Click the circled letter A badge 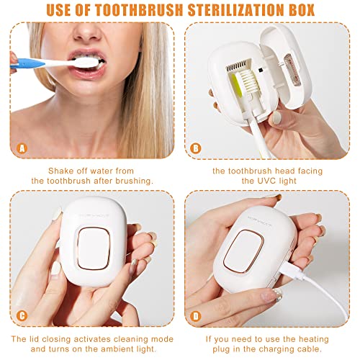pos(22,148)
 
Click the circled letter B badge pos(196,148)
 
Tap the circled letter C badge pos(22,316)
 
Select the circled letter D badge pos(196,316)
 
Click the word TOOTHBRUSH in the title pos(140,10)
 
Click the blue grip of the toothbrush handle pos(27,63)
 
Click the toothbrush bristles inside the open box pos(251,81)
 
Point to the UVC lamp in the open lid pos(290,70)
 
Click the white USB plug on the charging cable pos(292,271)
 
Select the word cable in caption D pos(309,348)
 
